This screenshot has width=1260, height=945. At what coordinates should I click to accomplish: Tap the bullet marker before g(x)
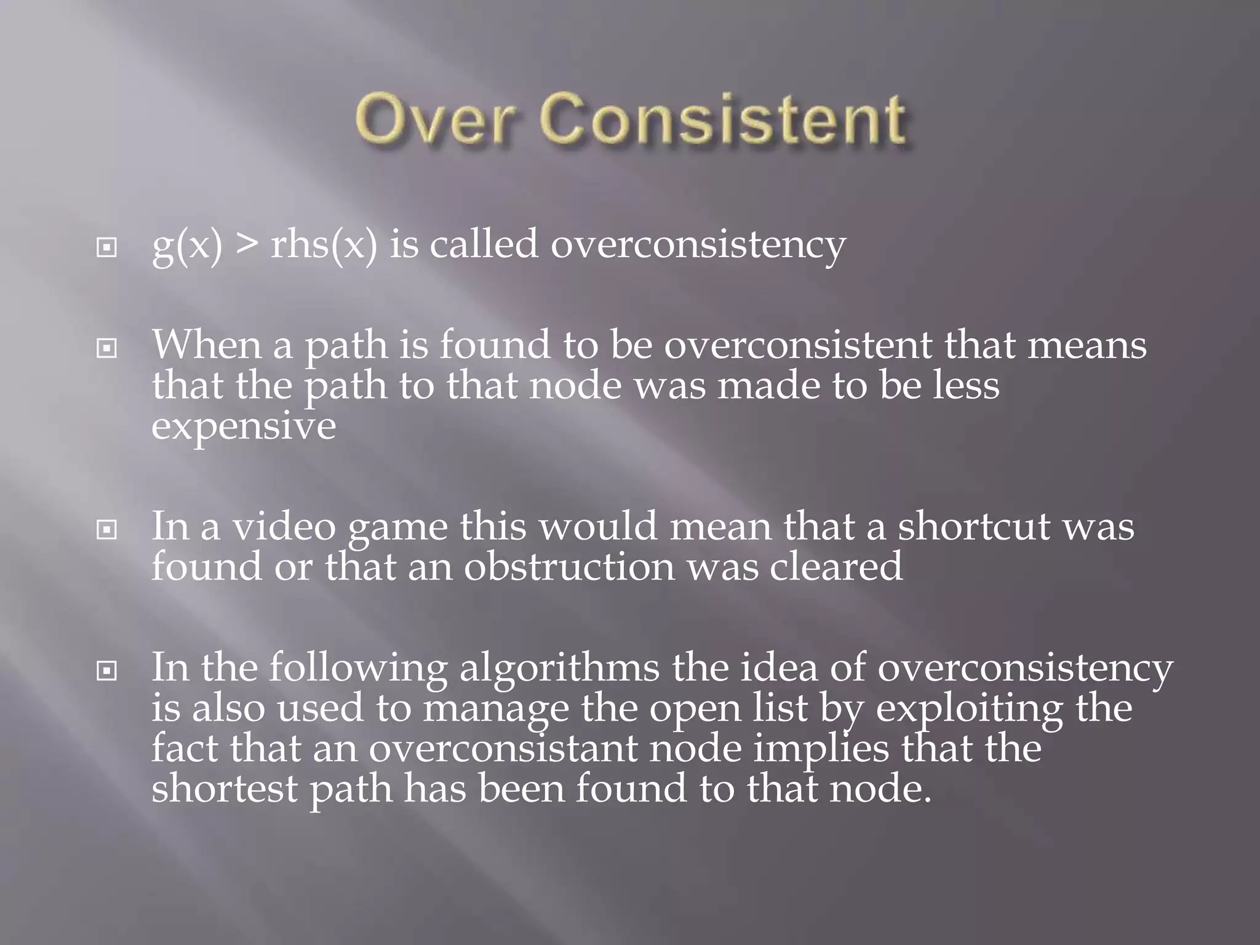pos(107,248)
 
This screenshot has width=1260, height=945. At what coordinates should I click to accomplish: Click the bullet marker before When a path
pos(107,349)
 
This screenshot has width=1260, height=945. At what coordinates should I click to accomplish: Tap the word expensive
pos(244,426)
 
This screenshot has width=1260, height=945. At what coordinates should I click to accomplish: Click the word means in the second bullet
pos(1087,345)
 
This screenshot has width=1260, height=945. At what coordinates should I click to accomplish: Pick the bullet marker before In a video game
pos(107,530)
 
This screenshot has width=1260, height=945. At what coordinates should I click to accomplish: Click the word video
pos(284,527)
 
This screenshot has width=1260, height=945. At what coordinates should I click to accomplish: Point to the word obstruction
pos(569,567)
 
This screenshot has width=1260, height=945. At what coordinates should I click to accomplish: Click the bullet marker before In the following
pos(107,671)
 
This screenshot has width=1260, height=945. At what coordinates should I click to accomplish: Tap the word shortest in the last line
pos(225,789)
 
